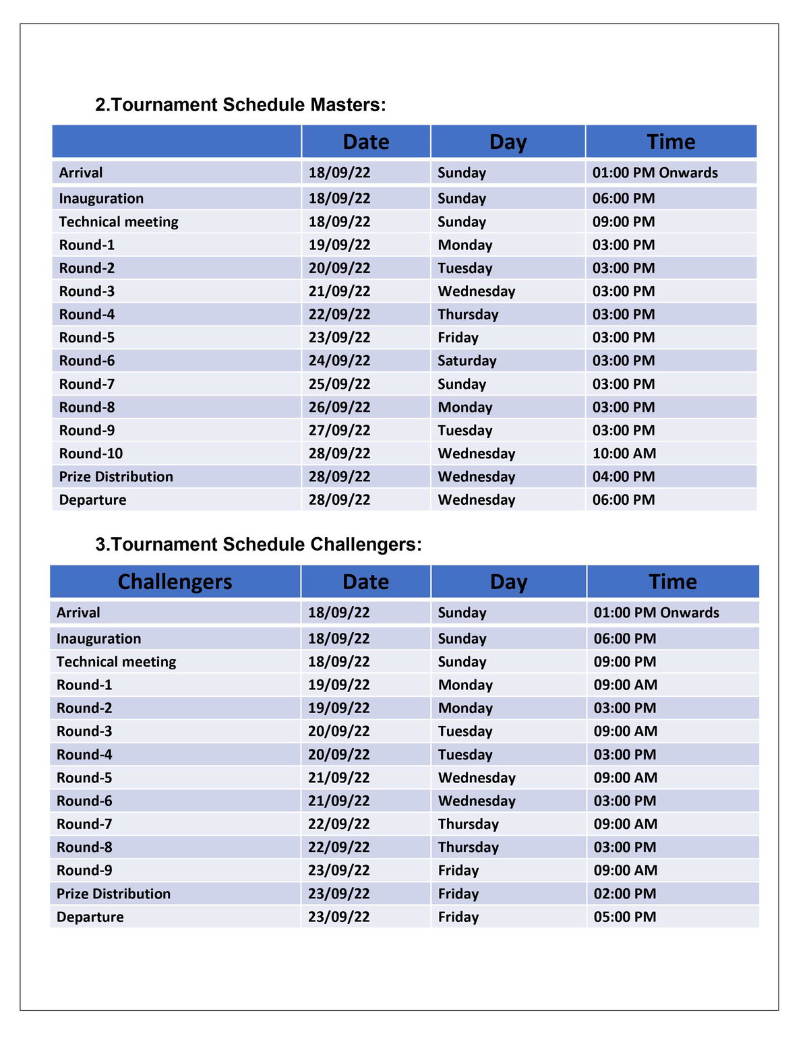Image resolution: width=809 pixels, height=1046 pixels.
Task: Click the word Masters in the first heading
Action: pos(348,105)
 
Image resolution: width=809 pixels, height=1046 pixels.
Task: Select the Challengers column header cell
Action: pos(175,582)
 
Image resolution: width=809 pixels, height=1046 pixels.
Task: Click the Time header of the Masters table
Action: pos(671,142)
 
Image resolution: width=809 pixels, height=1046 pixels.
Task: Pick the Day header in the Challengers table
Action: pos(508,582)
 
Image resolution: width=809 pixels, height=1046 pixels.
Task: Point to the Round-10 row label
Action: pos(91,454)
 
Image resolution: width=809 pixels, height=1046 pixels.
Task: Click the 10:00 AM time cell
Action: pos(624,454)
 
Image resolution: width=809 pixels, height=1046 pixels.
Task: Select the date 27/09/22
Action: pos(339,431)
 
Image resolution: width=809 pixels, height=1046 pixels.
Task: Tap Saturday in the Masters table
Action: pos(467,361)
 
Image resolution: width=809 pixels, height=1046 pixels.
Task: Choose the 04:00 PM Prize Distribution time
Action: pos(624,476)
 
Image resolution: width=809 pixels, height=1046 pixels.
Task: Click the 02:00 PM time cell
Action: pos(625,894)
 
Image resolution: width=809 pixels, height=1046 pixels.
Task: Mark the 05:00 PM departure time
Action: pos(625,917)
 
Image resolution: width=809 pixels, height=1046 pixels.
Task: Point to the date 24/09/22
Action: pos(339,361)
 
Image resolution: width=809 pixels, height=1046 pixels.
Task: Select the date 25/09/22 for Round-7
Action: pos(339,384)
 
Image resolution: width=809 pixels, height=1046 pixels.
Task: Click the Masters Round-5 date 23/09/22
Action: pos(339,338)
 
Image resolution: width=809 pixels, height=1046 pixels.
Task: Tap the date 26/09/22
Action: pos(339,407)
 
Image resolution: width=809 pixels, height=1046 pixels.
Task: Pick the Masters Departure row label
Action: pos(92,500)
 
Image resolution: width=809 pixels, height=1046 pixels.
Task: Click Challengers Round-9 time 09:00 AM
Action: pos(626,870)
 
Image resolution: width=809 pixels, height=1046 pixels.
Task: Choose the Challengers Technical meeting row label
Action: pos(116,662)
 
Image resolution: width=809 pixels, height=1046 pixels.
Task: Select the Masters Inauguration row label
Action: pos(101,198)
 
